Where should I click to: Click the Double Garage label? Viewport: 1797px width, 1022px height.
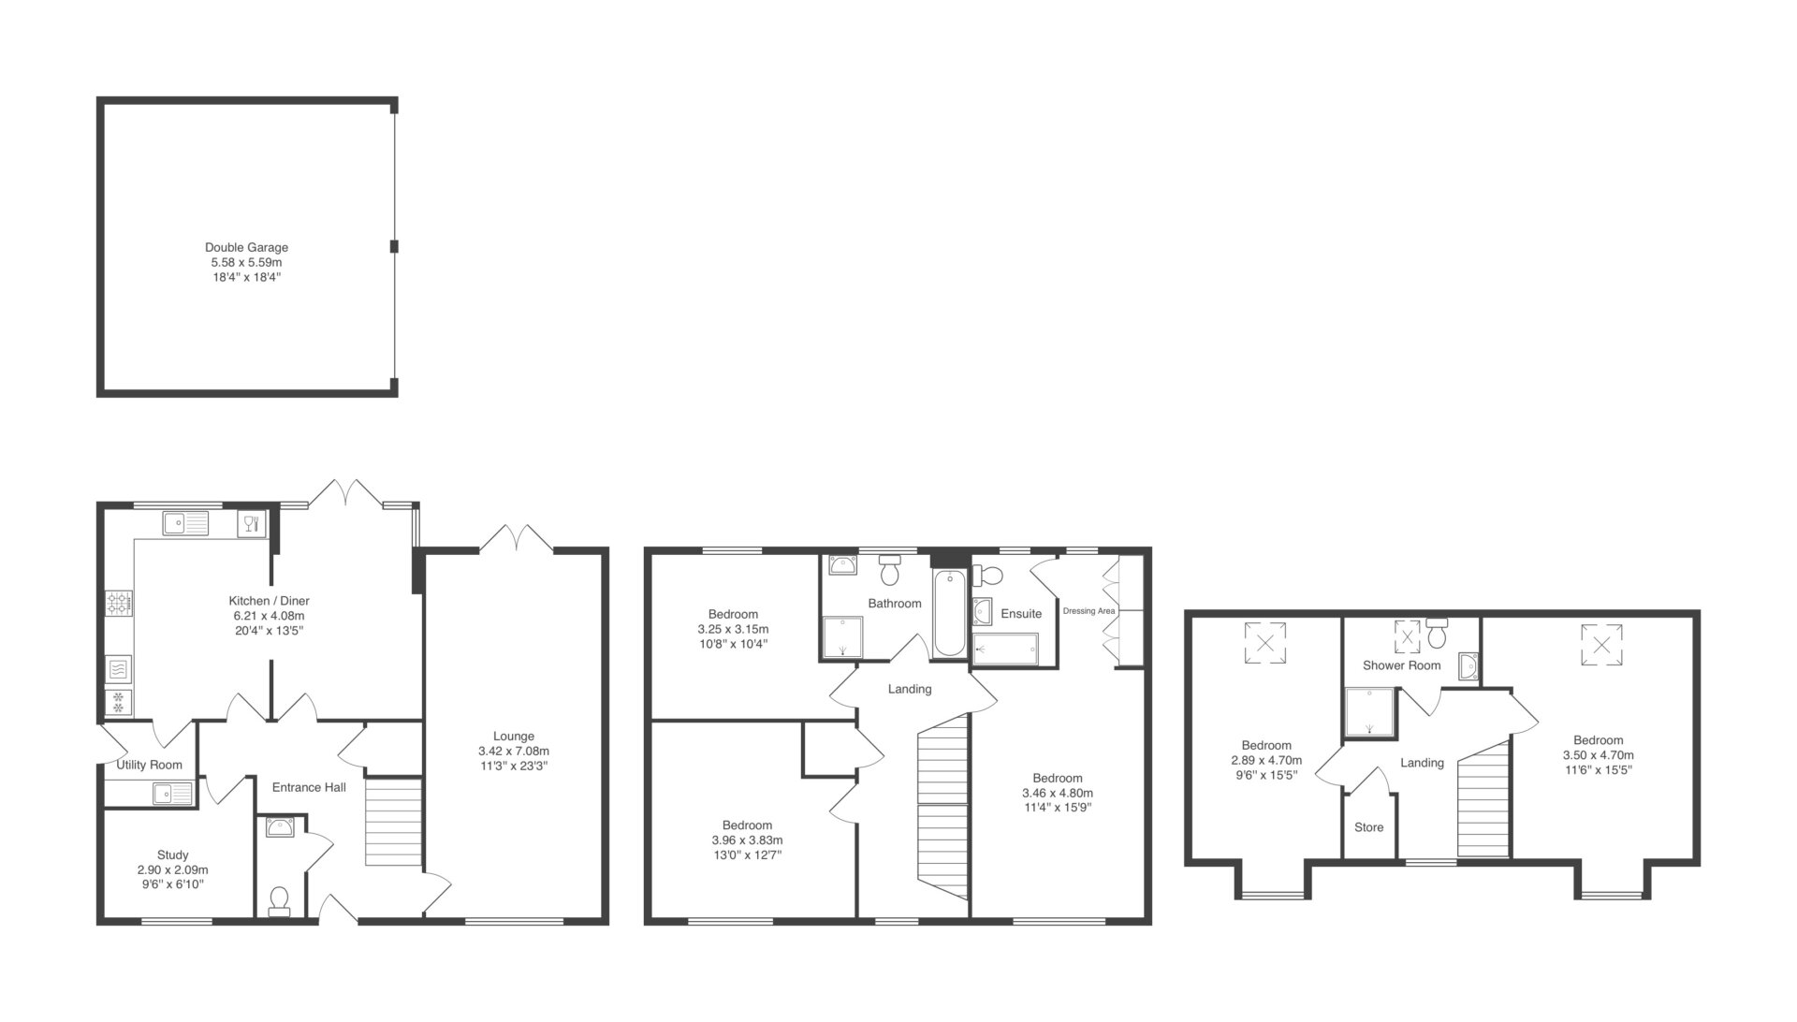246,247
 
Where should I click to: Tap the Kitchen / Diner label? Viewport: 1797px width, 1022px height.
269,601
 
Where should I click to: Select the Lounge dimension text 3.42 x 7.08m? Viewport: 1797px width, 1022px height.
513,751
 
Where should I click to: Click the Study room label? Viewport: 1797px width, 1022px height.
173,854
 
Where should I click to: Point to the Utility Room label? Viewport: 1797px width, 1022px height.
150,765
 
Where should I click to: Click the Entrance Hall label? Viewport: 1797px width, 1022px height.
309,787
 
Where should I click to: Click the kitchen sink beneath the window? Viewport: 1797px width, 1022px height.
185,522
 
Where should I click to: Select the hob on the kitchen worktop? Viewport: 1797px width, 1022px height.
120,603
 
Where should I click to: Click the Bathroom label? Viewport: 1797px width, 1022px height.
895,604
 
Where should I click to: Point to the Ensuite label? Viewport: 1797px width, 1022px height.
1021,614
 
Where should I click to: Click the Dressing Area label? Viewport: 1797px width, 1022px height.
1089,611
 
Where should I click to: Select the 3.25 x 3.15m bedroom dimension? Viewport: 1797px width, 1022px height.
733,629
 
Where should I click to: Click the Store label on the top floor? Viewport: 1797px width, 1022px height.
1368,827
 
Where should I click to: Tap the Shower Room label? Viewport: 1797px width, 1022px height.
1401,665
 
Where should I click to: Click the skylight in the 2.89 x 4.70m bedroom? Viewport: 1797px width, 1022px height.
1265,643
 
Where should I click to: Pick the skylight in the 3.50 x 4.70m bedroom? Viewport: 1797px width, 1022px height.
1601,644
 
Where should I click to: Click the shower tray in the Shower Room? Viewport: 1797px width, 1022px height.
1369,712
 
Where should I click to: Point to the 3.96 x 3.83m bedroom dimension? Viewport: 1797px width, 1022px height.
747,839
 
